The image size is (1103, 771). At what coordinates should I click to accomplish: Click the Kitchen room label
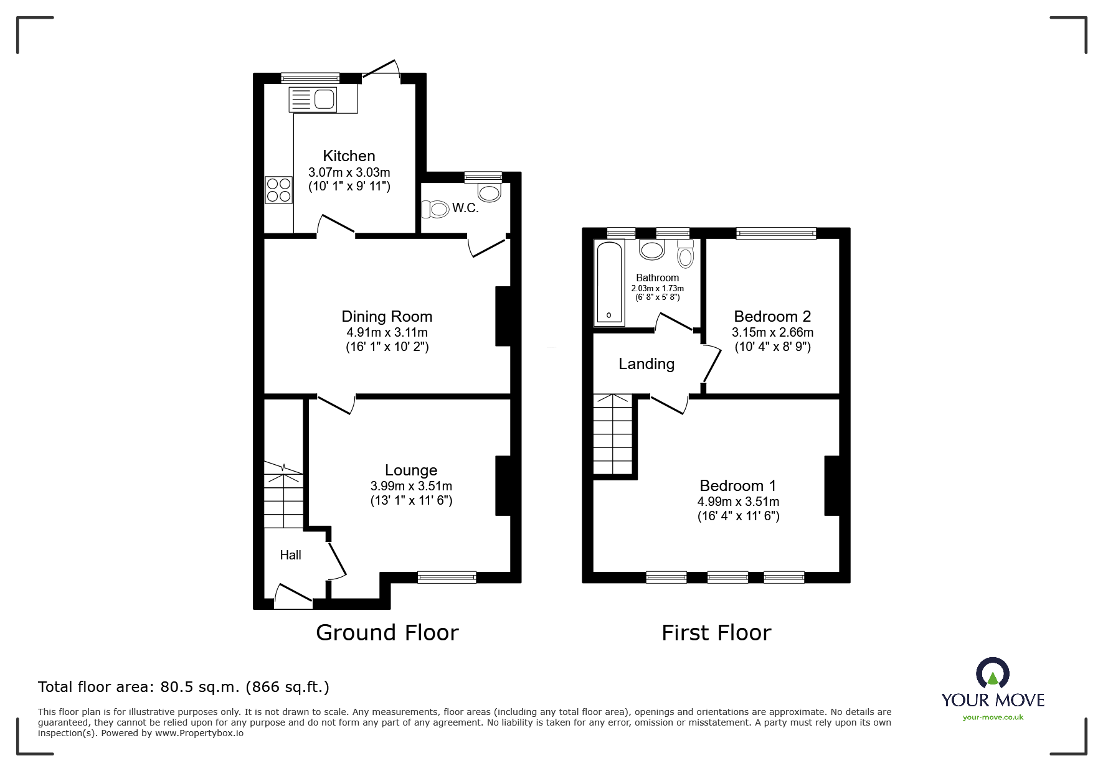(349, 156)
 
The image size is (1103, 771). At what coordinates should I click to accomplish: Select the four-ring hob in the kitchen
(278, 190)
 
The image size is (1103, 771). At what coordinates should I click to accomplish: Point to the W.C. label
(465, 208)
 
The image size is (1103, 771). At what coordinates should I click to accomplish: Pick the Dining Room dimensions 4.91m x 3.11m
(387, 332)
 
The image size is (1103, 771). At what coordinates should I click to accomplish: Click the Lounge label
(411, 470)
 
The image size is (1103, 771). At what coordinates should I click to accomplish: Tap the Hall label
(290, 555)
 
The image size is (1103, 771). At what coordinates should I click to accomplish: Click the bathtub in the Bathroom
(610, 283)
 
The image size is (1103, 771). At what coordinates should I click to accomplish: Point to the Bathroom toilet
(685, 253)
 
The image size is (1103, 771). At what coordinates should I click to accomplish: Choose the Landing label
(646, 364)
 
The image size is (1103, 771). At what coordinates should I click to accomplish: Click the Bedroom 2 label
(772, 317)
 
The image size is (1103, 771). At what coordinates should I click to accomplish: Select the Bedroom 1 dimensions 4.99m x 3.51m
(738, 502)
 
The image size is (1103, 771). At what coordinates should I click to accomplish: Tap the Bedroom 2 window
(776, 233)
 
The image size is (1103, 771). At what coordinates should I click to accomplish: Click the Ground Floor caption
(387, 633)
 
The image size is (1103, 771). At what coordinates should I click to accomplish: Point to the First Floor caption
(716, 633)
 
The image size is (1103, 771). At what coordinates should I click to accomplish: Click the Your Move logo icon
(993, 673)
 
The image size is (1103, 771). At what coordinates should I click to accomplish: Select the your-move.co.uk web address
(993, 717)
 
